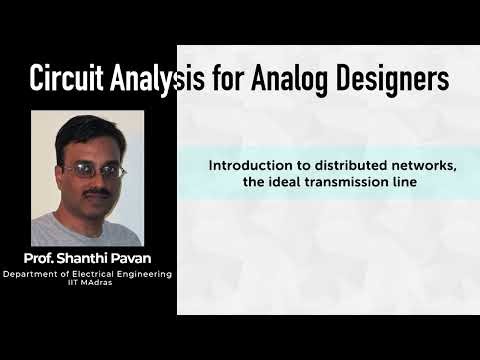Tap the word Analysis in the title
[154, 79]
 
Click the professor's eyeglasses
[97, 171]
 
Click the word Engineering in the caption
[141, 274]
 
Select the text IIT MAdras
[88, 283]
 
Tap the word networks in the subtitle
[424, 166]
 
